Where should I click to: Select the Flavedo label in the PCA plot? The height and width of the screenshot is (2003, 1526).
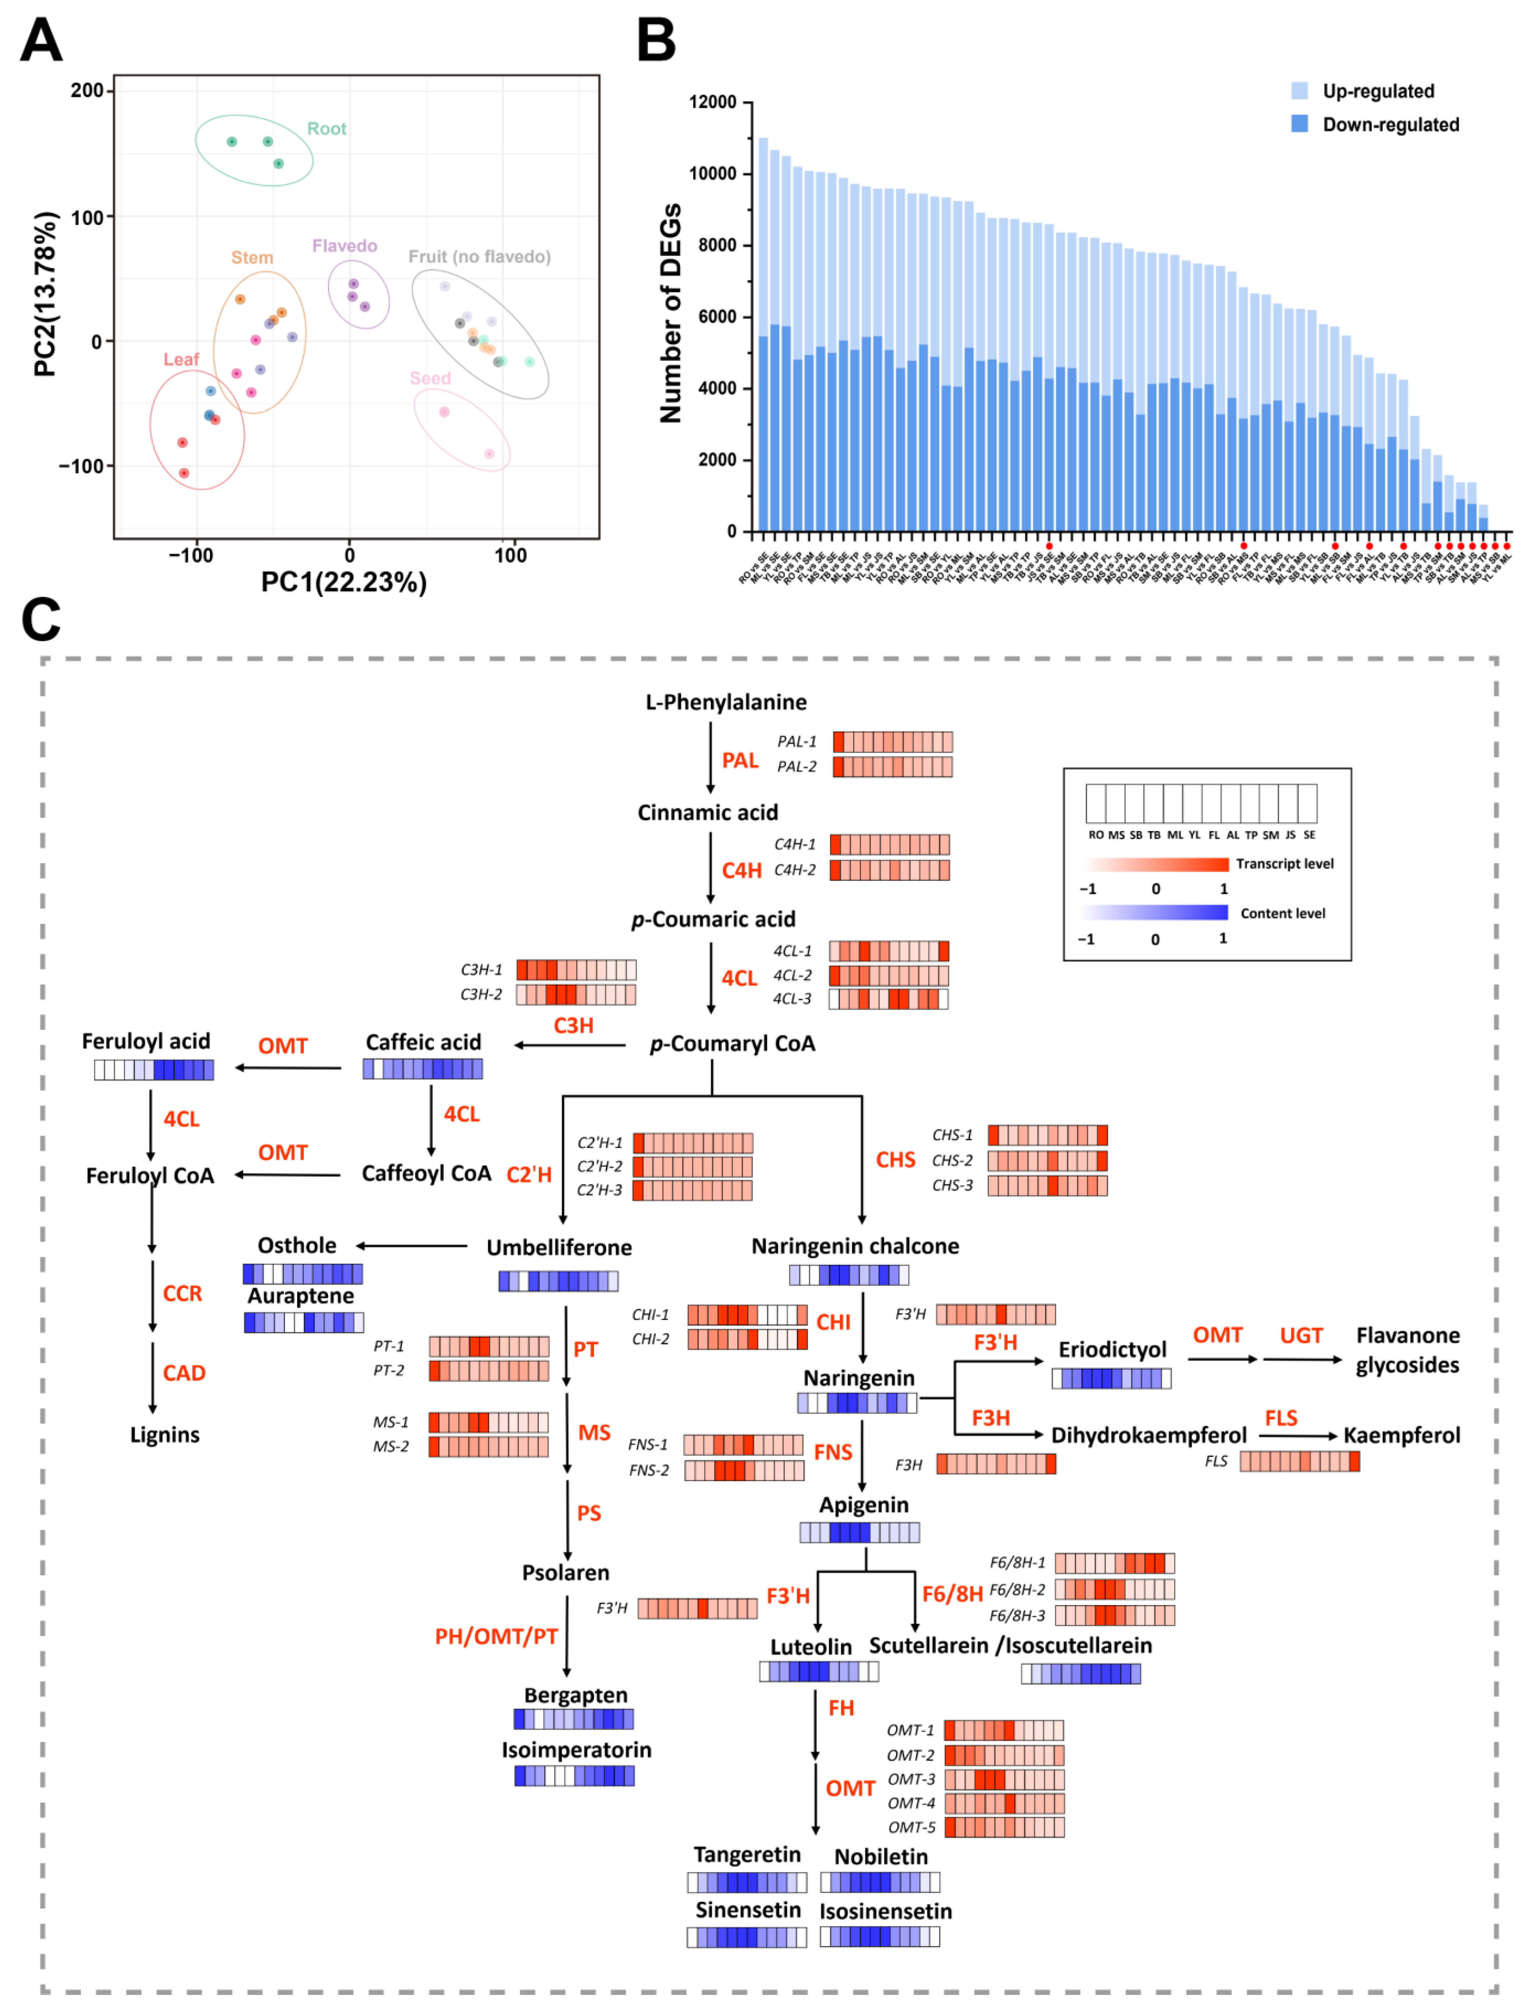(x=344, y=246)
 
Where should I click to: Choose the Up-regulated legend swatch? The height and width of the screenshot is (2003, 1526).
(x=1300, y=91)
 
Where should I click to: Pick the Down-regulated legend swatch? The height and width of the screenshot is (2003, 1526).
(x=1300, y=124)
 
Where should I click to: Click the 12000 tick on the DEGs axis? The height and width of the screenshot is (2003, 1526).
(x=713, y=102)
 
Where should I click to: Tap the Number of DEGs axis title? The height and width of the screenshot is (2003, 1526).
(x=670, y=313)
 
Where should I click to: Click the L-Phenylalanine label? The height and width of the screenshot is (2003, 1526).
(x=726, y=702)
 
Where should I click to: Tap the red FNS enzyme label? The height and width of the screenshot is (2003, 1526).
(x=833, y=1452)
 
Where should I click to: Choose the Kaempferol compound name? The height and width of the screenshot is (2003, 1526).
(x=1402, y=1435)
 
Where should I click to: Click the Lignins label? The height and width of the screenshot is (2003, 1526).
(x=164, y=1435)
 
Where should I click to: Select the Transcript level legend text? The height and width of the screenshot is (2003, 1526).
(x=1284, y=863)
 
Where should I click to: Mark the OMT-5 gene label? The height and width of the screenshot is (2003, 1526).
(x=911, y=1827)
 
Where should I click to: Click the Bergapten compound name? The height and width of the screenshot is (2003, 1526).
(x=576, y=1695)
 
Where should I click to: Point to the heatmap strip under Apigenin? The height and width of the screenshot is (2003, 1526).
(x=859, y=1532)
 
